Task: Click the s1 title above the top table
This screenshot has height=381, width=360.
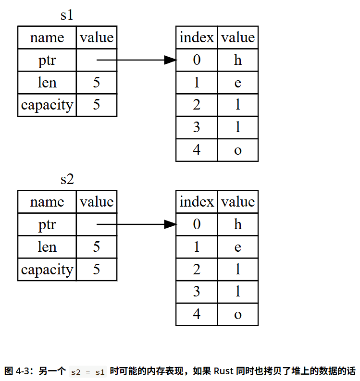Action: (x=67, y=15)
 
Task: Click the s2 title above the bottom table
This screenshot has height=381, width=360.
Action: (x=67, y=179)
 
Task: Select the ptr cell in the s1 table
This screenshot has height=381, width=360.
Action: (x=47, y=60)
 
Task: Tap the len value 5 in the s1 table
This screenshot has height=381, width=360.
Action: (x=97, y=82)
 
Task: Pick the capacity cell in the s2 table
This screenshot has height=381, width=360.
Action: (x=47, y=269)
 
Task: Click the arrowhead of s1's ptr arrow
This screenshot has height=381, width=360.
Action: (x=171, y=60)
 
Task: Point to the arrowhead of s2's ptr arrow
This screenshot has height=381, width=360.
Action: (x=171, y=224)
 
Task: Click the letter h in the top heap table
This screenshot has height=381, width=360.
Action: (x=238, y=60)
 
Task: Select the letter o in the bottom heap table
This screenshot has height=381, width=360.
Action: (x=238, y=314)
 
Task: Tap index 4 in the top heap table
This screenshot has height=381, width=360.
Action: (x=197, y=150)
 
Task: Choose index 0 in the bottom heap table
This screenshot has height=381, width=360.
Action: (x=197, y=224)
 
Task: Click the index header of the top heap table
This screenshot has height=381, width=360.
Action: (x=197, y=37)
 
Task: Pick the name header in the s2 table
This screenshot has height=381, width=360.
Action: (x=47, y=202)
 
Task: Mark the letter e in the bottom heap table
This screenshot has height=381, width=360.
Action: (x=238, y=247)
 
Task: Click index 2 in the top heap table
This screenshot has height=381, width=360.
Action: (x=197, y=105)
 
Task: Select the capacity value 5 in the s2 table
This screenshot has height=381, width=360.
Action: (x=97, y=269)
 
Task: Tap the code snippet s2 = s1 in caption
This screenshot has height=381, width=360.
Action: (x=88, y=372)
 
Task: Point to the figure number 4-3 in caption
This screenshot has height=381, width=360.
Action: (x=23, y=371)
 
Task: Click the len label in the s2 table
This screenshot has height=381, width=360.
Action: (x=47, y=246)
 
